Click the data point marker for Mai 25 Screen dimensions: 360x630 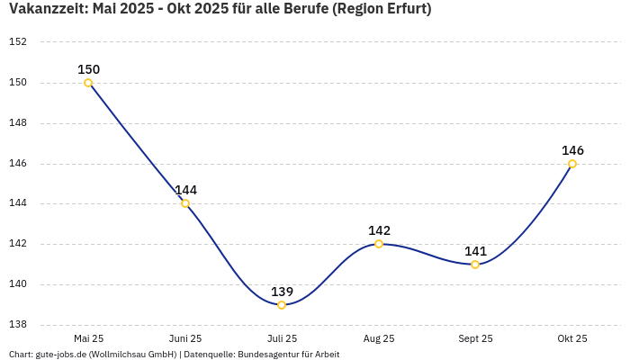tap(88, 83)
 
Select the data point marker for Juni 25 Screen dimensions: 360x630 tap(185, 203)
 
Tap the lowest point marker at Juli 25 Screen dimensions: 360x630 tap(282, 305)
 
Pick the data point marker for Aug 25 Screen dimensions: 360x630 tap(379, 244)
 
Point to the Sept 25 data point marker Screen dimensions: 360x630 tap(475, 265)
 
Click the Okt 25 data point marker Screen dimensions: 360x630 tap(572, 164)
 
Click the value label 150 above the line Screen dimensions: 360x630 tap(88, 69)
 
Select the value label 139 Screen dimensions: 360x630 tap(282, 292)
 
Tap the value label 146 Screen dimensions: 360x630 tap(572, 150)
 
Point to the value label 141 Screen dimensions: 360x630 tap(475, 251)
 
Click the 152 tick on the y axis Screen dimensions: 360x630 tap(18, 42)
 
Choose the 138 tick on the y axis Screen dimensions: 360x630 tap(18, 325)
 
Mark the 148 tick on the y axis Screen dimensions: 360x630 tap(18, 123)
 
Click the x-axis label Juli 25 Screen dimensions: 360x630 tap(282, 338)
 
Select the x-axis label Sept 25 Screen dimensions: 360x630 tap(475, 338)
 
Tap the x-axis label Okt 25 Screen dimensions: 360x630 tap(572, 338)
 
